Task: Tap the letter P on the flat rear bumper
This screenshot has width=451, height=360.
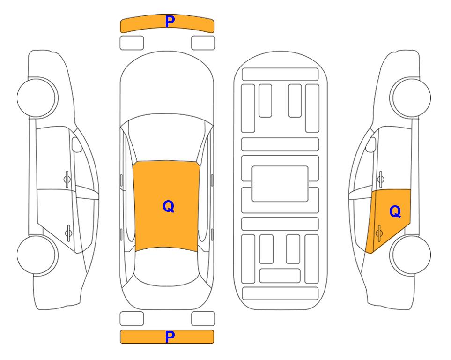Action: click(x=170, y=337)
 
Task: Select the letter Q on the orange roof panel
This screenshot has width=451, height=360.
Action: click(x=169, y=207)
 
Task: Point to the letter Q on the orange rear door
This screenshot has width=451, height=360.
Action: click(x=395, y=212)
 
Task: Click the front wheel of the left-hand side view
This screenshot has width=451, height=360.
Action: click(x=37, y=97)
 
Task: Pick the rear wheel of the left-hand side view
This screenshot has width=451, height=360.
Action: click(x=37, y=255)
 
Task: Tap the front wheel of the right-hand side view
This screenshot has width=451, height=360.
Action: click(x=410, y=97)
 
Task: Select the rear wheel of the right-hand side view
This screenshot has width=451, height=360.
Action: click(x=410, y=255)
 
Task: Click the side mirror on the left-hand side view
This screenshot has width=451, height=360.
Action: click(x=76, y=144)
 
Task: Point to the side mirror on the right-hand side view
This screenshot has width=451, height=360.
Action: click(x=371, y=144)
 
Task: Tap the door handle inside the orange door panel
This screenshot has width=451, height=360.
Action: click(x=379, y=233)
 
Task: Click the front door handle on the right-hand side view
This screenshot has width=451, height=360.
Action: click(x=380, y=179)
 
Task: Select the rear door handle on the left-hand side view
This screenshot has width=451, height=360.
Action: click(x=68, y=233)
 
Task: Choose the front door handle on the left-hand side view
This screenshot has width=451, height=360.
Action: click(x=67, y=179)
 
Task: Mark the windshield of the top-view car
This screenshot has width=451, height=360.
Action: click(x=167, y=138)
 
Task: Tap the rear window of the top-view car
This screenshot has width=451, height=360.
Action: click(x=167, y=266)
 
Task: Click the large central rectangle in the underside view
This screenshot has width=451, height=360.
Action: click(x=280, y=184)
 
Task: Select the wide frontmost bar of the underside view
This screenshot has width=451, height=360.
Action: click(x=280, y=75)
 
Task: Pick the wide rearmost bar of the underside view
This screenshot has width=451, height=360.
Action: click(x=281, y=293)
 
